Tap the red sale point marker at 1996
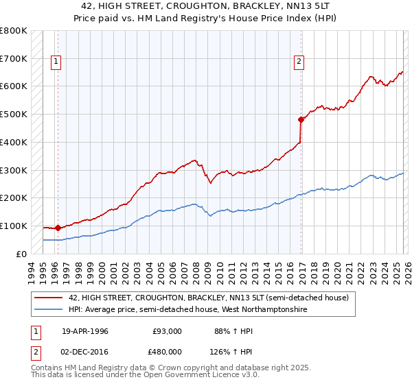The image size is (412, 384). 58,228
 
